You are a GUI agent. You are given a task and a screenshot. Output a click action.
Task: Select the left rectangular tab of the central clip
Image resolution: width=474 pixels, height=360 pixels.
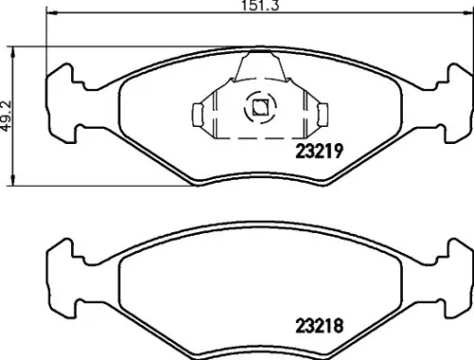[198, 115]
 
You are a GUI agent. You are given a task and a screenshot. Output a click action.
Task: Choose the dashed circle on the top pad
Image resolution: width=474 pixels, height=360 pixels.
[258, 110]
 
